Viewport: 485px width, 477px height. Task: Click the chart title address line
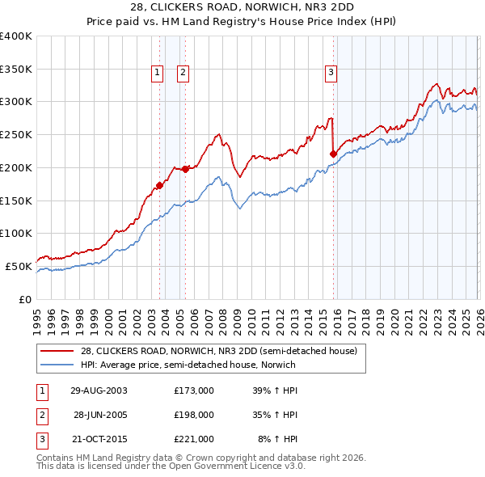(242, 7)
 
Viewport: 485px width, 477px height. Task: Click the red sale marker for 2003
(160, 185)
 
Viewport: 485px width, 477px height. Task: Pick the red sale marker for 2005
(186, 169)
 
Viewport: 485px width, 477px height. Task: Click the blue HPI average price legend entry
(188, 365)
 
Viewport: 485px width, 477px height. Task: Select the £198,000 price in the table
(194, 415)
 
